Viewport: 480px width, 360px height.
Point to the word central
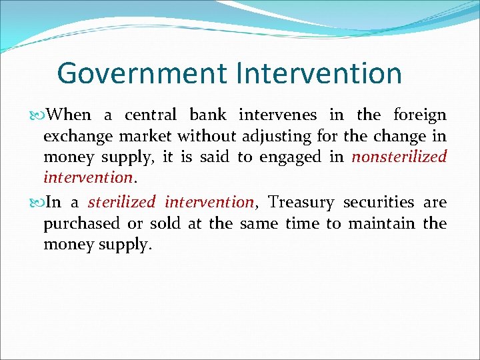coord(151,115)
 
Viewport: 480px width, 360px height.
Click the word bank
coord(208,115)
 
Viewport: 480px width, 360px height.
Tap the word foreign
coord(420,115)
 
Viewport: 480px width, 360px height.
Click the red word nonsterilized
coord(399,157)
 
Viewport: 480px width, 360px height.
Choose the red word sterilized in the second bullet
coord(121,202)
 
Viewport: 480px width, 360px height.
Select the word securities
coord(379,202)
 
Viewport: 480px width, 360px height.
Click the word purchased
coord(81,223)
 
